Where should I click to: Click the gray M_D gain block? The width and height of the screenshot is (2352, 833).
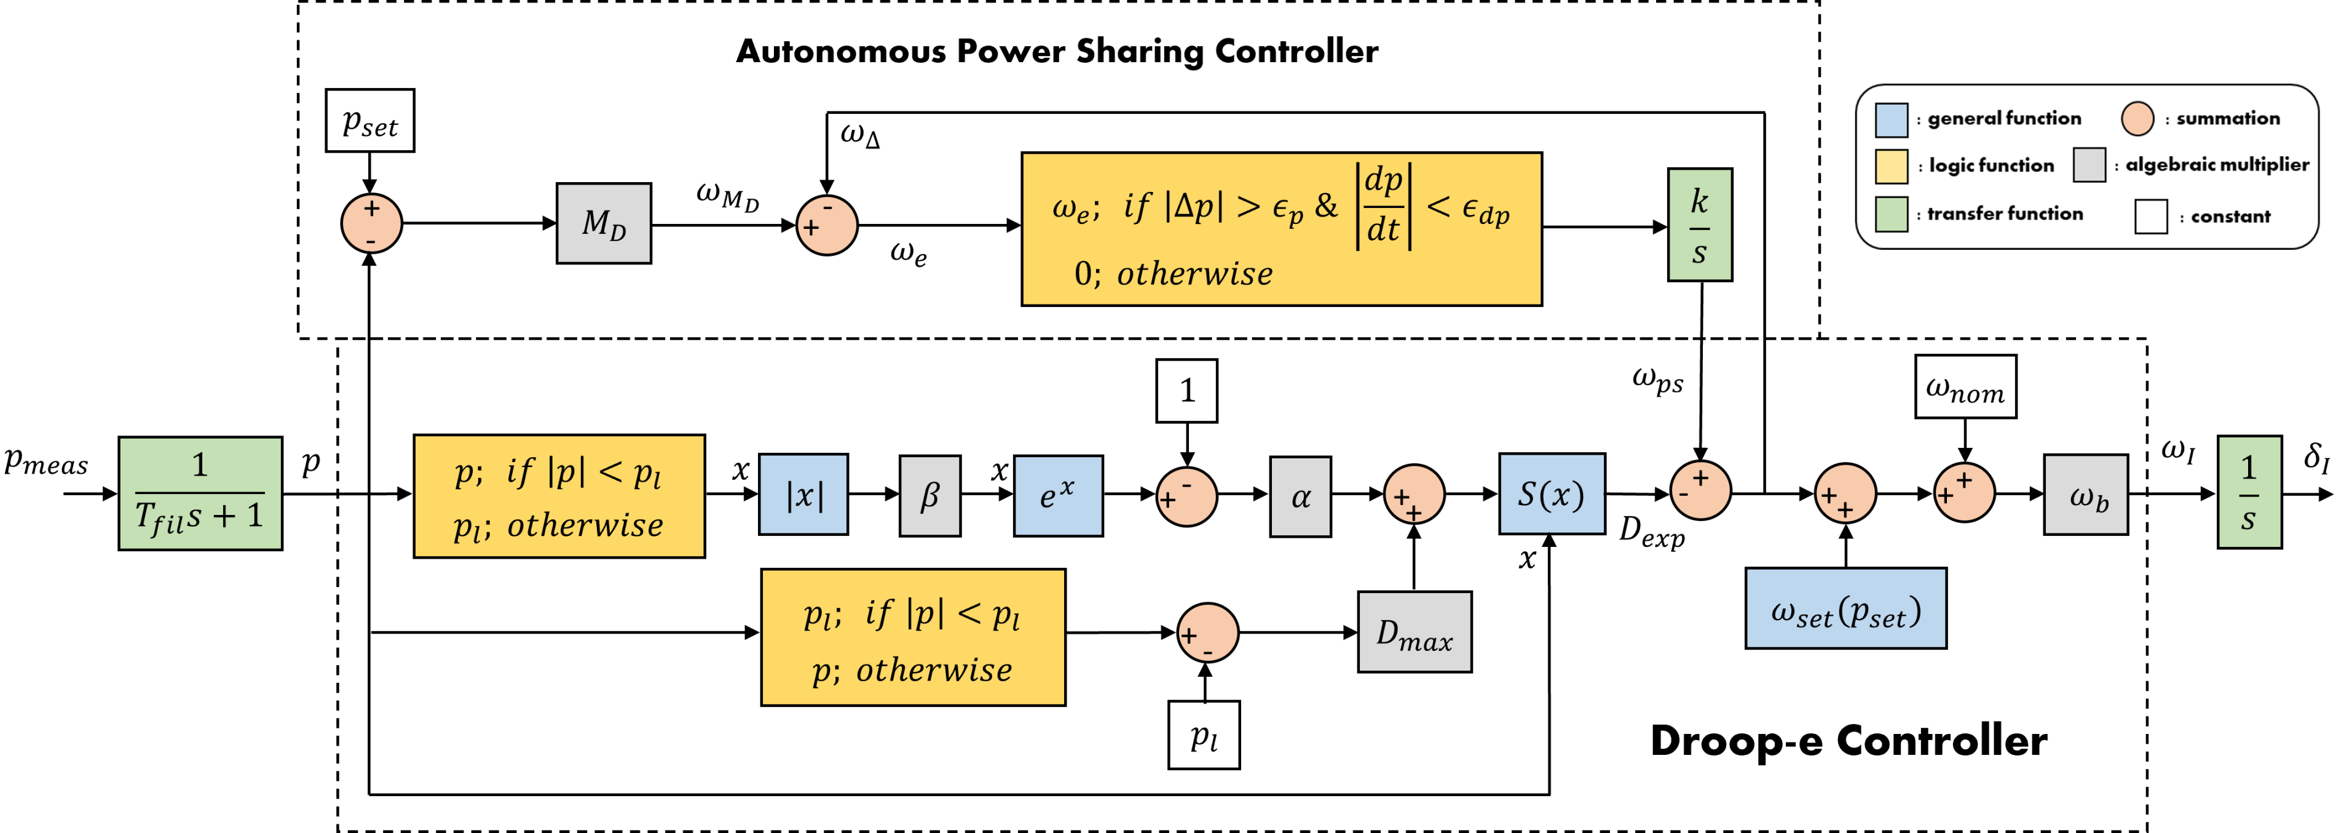pos(604,224)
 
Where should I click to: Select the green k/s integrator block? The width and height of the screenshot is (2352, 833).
pos(1699,225)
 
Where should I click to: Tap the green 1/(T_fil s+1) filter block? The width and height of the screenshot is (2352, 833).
pos(200,493)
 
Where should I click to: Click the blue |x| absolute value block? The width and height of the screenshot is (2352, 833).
pos(803,494)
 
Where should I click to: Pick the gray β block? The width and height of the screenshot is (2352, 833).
pos(929,495)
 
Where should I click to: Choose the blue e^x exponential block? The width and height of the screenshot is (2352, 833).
pos(1057,495)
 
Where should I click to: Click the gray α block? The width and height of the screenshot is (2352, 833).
pos(1300,496)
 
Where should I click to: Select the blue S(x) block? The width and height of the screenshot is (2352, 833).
pos(1551,493)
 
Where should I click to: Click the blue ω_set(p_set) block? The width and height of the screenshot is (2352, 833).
pos(1845,608)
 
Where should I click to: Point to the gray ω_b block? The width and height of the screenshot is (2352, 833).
pos(2085,494)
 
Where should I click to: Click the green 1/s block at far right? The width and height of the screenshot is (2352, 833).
pos(2249,492)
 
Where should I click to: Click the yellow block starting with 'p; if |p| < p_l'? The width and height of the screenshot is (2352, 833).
pos(559,496)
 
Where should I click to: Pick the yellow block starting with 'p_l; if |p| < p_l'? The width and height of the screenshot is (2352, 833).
pos(913,637)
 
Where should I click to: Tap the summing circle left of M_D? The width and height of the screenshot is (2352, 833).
pos(371,224)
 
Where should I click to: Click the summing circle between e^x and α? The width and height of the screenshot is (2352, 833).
pos(1186,497)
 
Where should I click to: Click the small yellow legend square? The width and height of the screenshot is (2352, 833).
pos(1891,167)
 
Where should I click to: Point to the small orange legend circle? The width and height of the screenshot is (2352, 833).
pos(2136,119)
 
